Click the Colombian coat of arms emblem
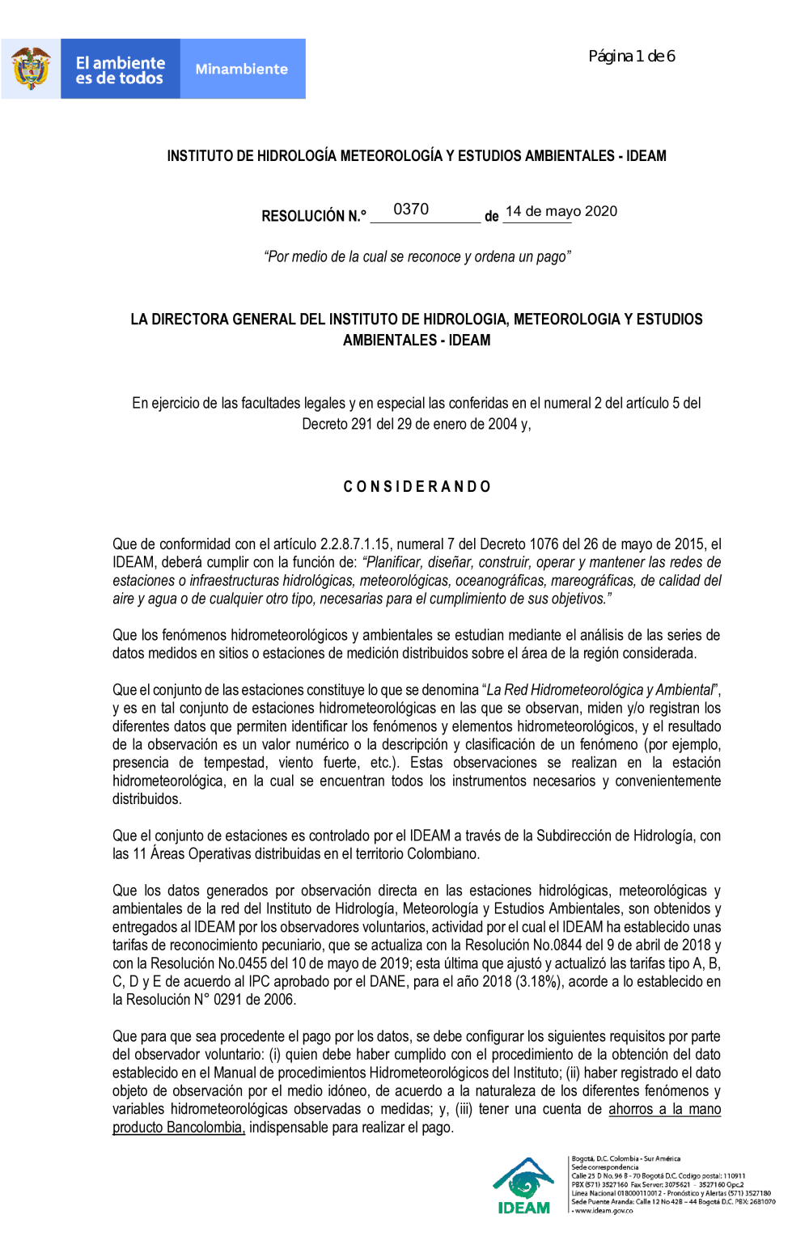click(x=31, y=69)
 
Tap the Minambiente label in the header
click(x=242, y=70)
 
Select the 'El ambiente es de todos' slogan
click(x=120, y=70)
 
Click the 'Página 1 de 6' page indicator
click(x=631, y=57)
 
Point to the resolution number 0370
click(x=411, y=210)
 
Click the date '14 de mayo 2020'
click(x=561, y=211)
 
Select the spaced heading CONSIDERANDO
click(x=417, y=487)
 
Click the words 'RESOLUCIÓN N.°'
click(x=314, y=216)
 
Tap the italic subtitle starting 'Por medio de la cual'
click(x=417, y=256)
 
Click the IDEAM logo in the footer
click(x=524, y=1186)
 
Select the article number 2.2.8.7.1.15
click(x=355, y=544)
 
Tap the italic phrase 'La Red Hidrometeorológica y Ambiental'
click(x=601, y=690)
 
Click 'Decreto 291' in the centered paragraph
click(x=337, y=424)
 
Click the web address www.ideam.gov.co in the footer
click(x=604, y=1211)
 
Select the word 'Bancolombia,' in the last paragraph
click(x=205, y=1128)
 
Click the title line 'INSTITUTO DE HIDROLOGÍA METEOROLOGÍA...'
click(x=417, y=156)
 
